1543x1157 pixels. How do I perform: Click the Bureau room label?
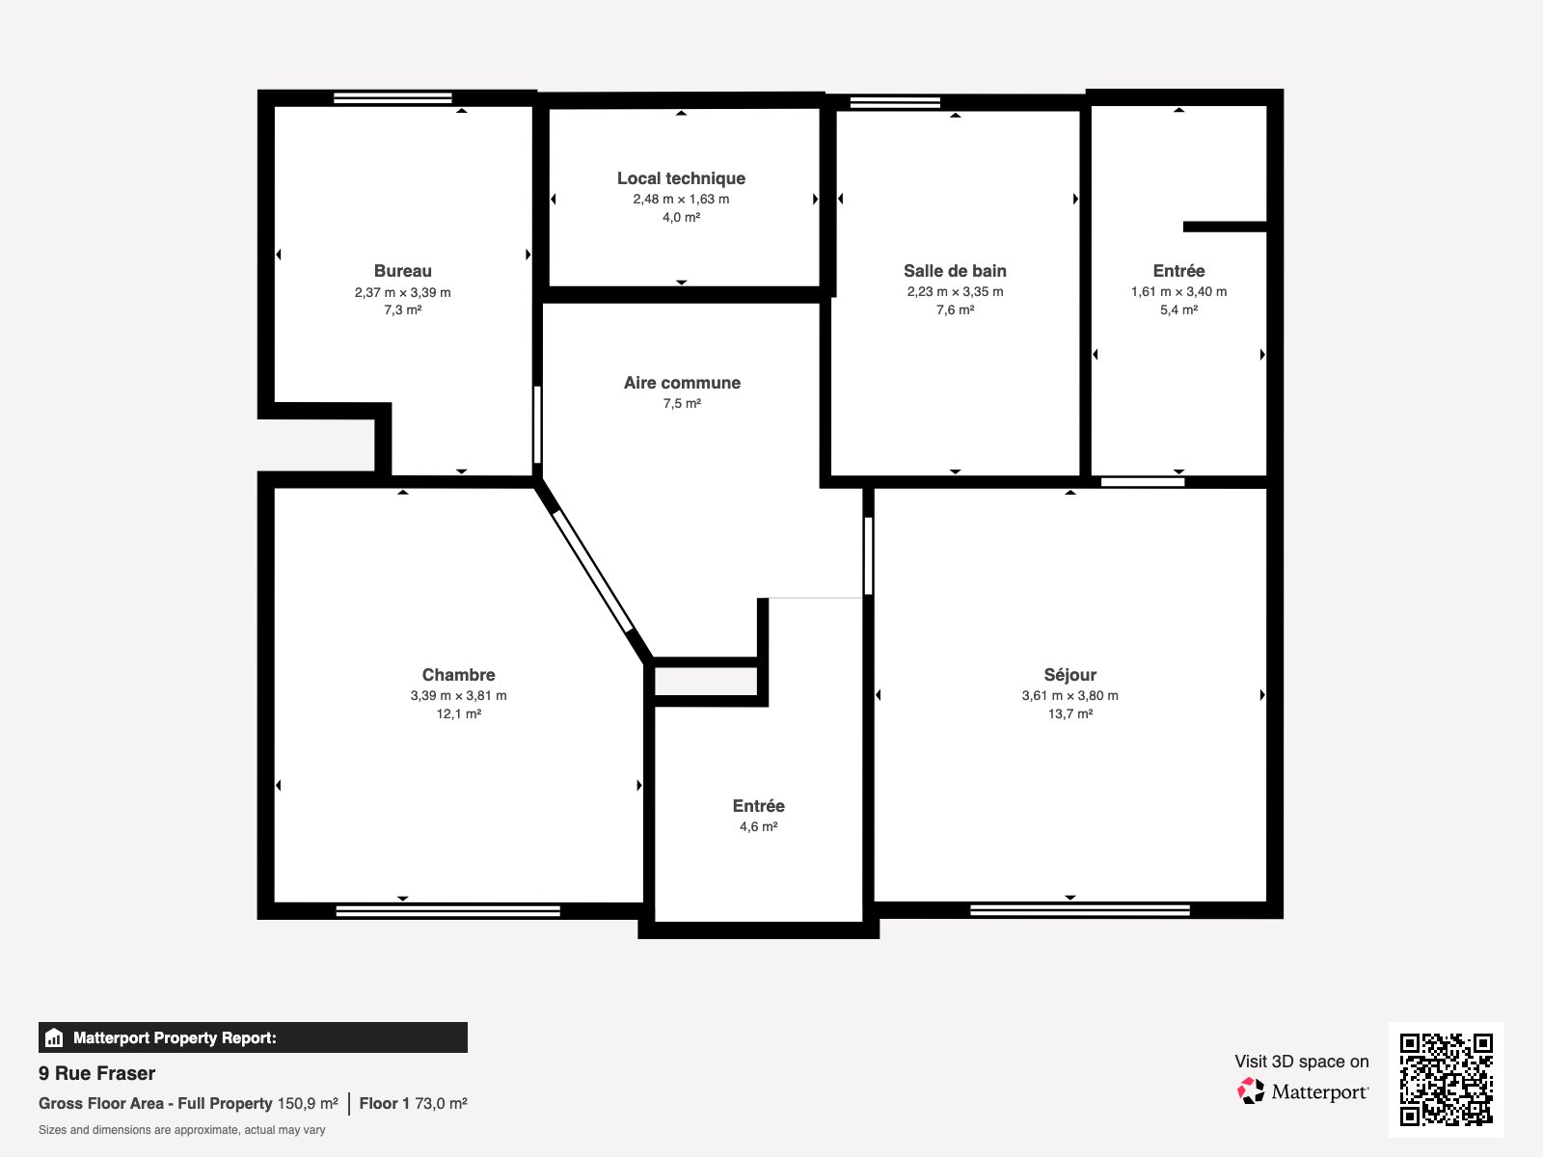(x=402, y=271)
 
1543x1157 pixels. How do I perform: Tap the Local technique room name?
(x=681, y=178)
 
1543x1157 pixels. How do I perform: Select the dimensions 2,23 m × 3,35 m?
(x=955, y=291)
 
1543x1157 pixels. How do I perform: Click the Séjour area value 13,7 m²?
(x=1069, y=713)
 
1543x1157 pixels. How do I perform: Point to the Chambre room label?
(x=458, y=675)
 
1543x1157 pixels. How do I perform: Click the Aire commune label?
(x=682, y=383)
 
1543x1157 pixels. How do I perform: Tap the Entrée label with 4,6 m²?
(x=758, y=806)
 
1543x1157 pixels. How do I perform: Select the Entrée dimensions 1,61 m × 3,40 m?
(x=1178, y=291)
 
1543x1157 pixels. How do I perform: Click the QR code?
(x=1446, y=1079)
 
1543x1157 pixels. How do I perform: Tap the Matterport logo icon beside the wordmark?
(x=1251, y=1091)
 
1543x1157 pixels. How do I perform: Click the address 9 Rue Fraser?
(x=96, y=1073)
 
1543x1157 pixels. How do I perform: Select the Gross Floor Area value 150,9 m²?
(x=308, y=1103)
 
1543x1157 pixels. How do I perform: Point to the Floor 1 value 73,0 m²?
(x=441, y=1103)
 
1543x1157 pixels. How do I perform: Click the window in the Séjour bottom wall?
(x=1079, y=909)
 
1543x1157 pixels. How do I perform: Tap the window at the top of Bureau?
(x=393, y=97)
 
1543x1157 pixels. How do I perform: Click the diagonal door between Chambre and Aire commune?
(x=593, y=572)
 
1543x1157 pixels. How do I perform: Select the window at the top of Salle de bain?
(x=895, y=102)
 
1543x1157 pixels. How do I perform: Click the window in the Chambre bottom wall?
(x=447, y=910)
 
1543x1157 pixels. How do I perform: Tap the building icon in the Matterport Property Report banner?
(x=54, y=1038)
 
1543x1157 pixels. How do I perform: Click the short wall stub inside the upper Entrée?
(x=1225, y=227)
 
